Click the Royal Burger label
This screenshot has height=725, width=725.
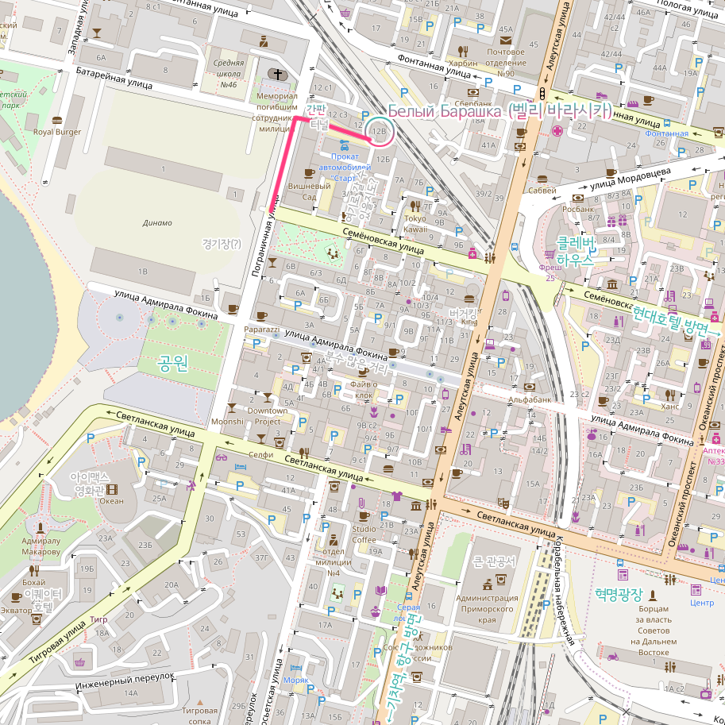tap(57, 132)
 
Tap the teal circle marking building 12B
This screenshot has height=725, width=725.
tap(380, 130)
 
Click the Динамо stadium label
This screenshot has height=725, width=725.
tap(157, 223)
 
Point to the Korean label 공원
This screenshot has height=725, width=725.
tap(173, 364)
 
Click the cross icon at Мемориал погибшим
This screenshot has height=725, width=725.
tap(277, 75)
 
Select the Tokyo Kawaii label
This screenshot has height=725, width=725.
tap(416, 223)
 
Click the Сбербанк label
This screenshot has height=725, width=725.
tap(475, 104)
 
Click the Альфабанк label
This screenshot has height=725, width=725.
tap(530, 399)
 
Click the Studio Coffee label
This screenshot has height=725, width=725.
tap(364, 534)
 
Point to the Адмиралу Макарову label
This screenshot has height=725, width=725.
tap(41, 546)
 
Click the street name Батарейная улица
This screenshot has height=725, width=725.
tap(114, 77)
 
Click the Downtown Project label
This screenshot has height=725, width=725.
tap(268, 416)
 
